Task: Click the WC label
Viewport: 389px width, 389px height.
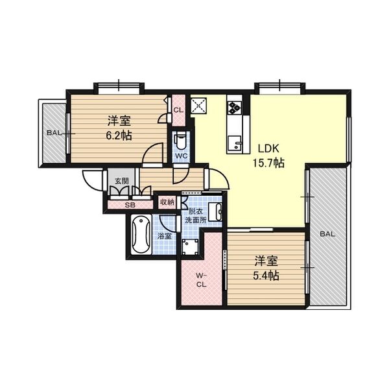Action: (x=180, y=156)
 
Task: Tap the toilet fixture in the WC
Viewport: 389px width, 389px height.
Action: (x=181, y=140)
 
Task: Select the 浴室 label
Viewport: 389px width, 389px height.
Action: (x=165, y=236)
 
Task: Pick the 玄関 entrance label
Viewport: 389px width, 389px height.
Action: (x=121, y=181)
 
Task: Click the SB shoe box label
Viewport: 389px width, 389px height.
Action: (x=130, y=206)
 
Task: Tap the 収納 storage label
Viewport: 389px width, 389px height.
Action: (x=167, y=202)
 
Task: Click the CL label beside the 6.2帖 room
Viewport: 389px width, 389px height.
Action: (x=178, y=110)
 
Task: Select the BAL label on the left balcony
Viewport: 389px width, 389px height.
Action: (x=53, y=133)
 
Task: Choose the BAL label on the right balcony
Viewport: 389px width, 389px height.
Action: (x=326, y=234)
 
